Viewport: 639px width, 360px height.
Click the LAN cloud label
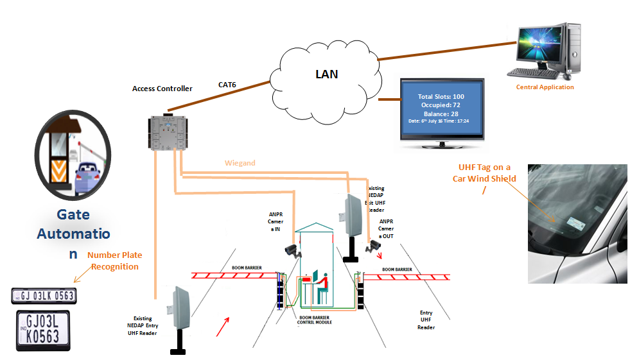pyautogui.click(x=326, y=74)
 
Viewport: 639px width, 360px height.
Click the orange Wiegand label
pyautogui.click(x=240, y=163)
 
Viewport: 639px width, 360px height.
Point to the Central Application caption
pyautogui.click(x=545, y=87)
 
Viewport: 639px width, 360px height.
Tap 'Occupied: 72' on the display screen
pyautogui.click(x=440, y=105)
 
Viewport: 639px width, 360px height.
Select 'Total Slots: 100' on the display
pyautogui.click(x=440, y=96)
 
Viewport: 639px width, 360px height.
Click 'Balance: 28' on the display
pyautogui.click(x=440, y=113)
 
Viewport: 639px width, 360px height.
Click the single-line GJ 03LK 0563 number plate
pyautogui.click(x=44, y=295)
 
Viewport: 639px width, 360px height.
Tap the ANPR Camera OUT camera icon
pyautogui.click(x=372, y=244)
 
